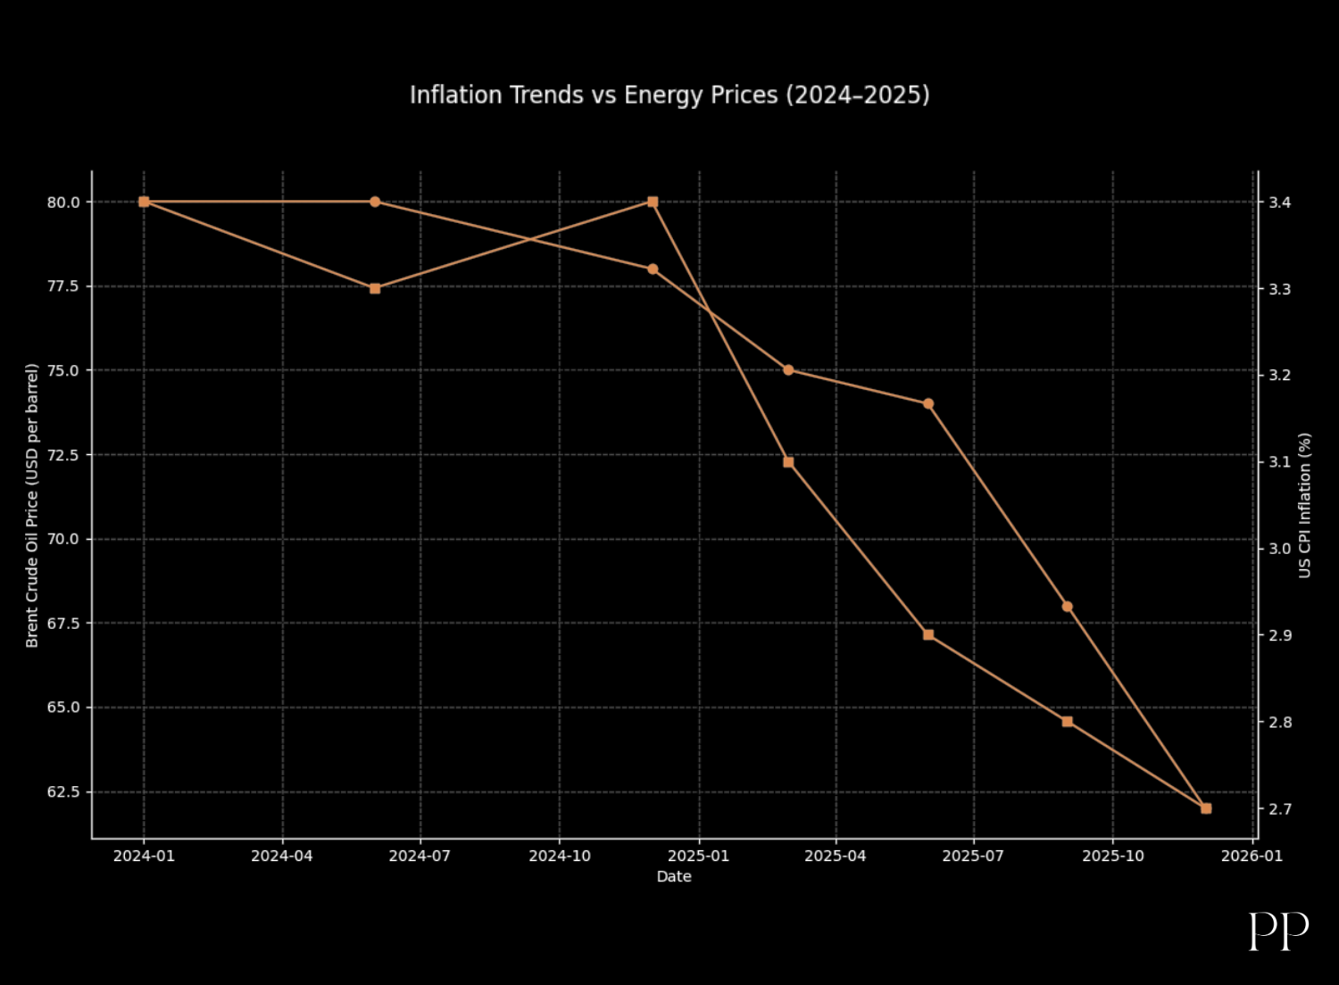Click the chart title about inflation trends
point(669,95)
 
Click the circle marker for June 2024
point(375,202)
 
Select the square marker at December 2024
point(653,202)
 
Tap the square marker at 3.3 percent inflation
point(375,288)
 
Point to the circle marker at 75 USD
point(788,370)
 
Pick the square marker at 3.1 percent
point(788,462)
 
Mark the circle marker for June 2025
point(928,404)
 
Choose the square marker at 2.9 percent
point(928,634)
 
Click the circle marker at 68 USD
point(1068,607)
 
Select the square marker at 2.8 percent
point(1068,722)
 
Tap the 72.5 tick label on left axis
point(63,455)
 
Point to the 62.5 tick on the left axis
point(63,792)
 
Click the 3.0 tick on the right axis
point(1280,549)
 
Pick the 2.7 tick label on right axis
point(1280,809)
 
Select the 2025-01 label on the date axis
point(698,857)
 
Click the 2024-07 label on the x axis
point(420,857)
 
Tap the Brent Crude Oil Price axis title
point(32,505)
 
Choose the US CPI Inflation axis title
point(1305,505)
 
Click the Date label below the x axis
point(674,877)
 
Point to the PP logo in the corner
point(1278,931)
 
